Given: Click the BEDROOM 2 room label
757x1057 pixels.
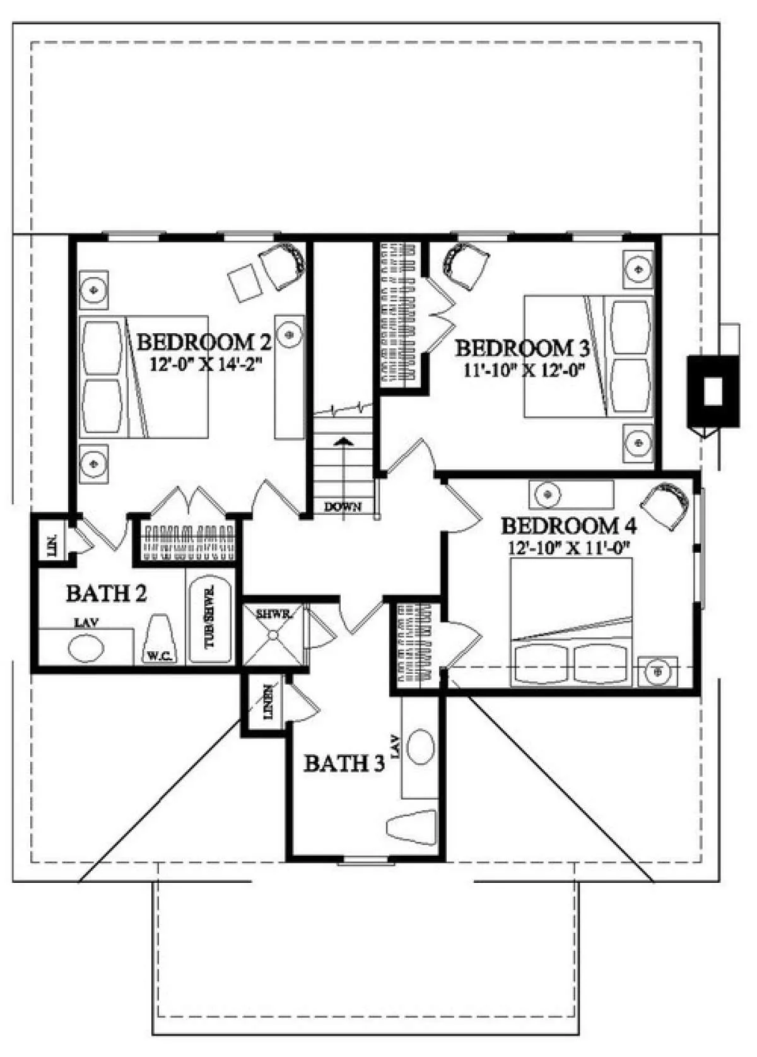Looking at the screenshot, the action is point(204,342).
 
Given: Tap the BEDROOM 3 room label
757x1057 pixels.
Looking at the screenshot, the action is point(522,349).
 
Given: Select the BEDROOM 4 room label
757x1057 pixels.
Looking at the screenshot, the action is point(568,526).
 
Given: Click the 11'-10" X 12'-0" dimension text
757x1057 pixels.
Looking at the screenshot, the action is point(522,370).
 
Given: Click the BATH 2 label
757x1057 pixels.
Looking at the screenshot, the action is point(107,593).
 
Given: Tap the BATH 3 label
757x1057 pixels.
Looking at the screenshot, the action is point(344,763).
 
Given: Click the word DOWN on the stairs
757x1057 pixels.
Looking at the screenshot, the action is point(343,508).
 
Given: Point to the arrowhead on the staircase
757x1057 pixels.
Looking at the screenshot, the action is point(346,441).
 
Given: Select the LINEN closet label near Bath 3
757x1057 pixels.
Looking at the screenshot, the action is point(268,709).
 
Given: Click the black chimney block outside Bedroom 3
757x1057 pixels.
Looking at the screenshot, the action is point(713,392).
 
